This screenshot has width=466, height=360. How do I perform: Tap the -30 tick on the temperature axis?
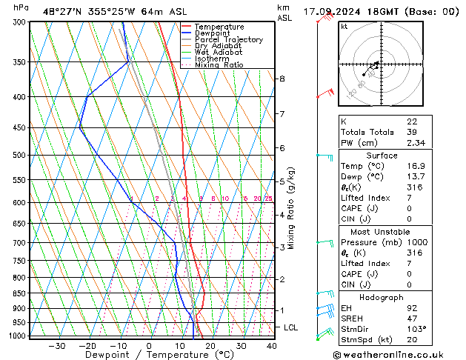tap(56, 345)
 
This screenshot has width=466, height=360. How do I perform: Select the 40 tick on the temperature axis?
tap(271, 345)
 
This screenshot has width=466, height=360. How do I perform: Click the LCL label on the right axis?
tap(291, 327)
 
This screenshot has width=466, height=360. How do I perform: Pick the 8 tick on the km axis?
tap(282, 79)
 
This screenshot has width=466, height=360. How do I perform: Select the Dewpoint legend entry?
tap(211, 33)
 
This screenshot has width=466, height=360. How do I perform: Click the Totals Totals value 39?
tap(412, 132)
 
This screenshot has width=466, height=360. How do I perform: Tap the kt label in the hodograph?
tap(344, 27)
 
